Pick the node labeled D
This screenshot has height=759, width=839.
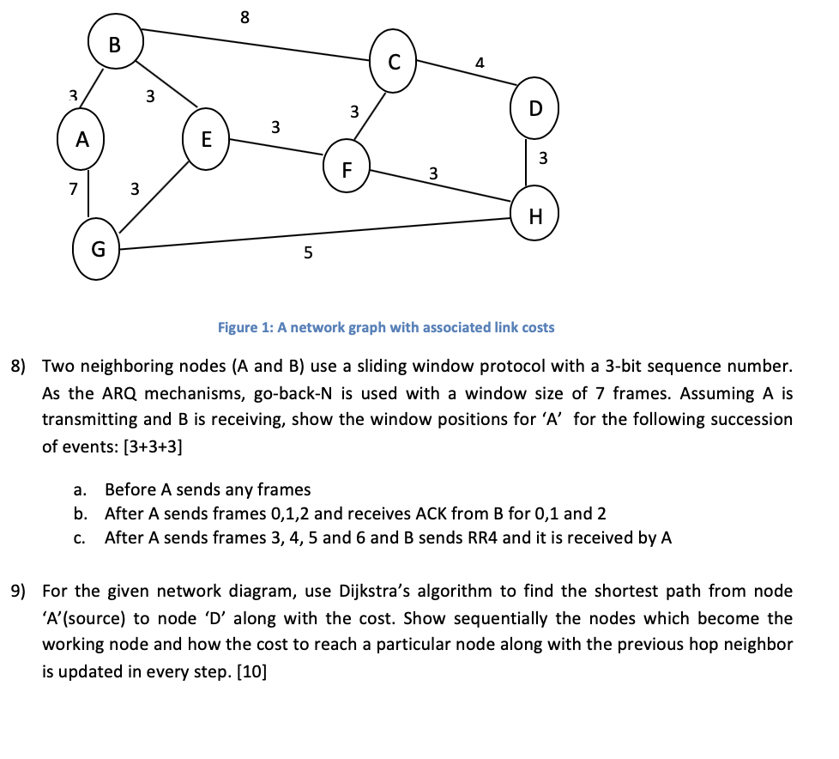tap(535, 109)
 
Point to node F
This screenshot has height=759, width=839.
tap(347, 169)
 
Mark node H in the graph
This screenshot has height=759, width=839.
tap(535, 215)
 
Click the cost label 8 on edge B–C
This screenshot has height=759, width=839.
tap(245, 15)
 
